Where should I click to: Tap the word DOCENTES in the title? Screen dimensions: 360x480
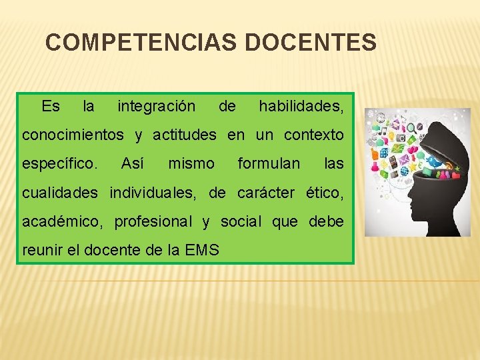[x=311, y=43]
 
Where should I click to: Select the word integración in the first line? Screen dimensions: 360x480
[x=156, y=106]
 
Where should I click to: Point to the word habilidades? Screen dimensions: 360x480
[x=301, y=106]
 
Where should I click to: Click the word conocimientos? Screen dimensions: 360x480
[x=73, y=135]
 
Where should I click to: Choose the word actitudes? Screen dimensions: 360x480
[x=185, y=135]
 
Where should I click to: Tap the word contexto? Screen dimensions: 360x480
[x=314, y=135]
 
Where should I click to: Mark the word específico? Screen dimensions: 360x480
[x=61, y=163]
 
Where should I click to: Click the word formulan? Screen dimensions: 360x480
[x=269, y=163]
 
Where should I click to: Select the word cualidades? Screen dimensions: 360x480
[x=60, y=193]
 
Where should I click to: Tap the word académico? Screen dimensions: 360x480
[x=62, y=221]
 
